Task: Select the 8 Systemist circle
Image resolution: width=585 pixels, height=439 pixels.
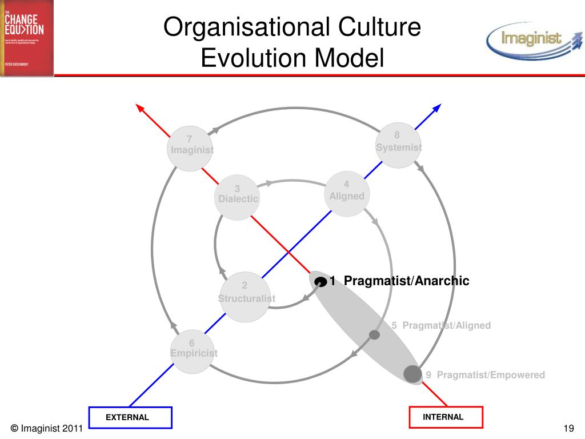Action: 399,145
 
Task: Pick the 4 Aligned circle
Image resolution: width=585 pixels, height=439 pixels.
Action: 347,194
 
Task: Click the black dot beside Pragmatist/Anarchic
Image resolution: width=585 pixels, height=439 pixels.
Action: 321,281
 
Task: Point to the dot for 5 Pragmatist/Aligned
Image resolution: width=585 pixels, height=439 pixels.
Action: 375,334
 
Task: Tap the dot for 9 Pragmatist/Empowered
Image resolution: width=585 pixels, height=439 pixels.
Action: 412,373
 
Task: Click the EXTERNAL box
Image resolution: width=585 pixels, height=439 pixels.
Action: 130,417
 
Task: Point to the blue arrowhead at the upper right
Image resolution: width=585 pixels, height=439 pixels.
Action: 437,107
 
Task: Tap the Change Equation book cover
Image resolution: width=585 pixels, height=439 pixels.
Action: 27,37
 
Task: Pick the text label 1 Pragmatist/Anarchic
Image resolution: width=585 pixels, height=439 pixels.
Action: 399,281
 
